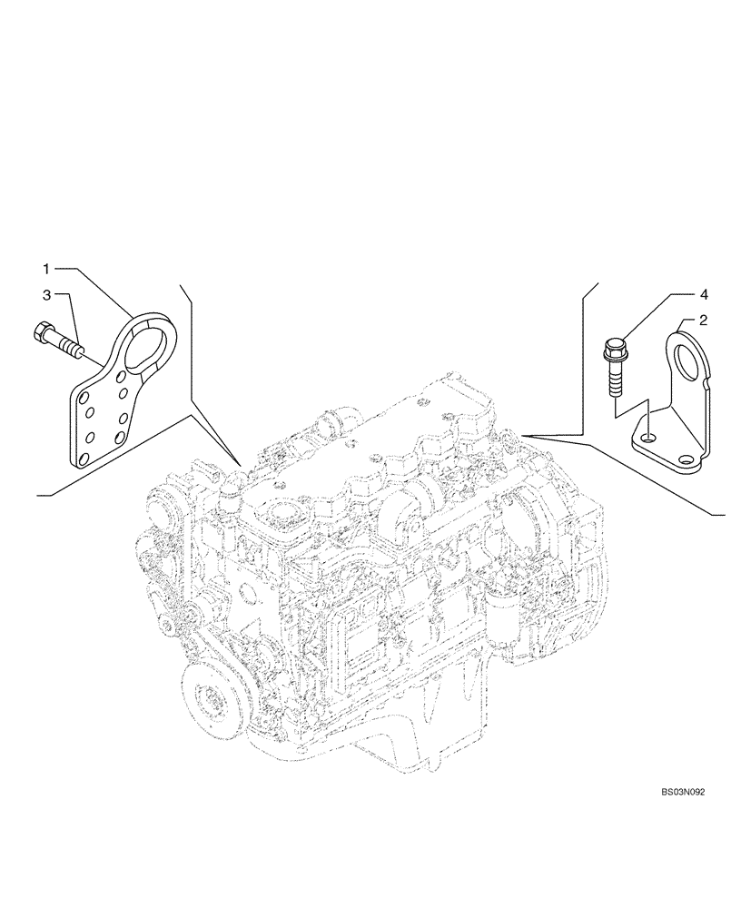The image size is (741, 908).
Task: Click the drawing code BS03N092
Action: click(x=684, y=792)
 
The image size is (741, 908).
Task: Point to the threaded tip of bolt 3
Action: click(x=80, y=348)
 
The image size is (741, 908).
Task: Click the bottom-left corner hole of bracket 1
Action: click(x=84, y=459)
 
